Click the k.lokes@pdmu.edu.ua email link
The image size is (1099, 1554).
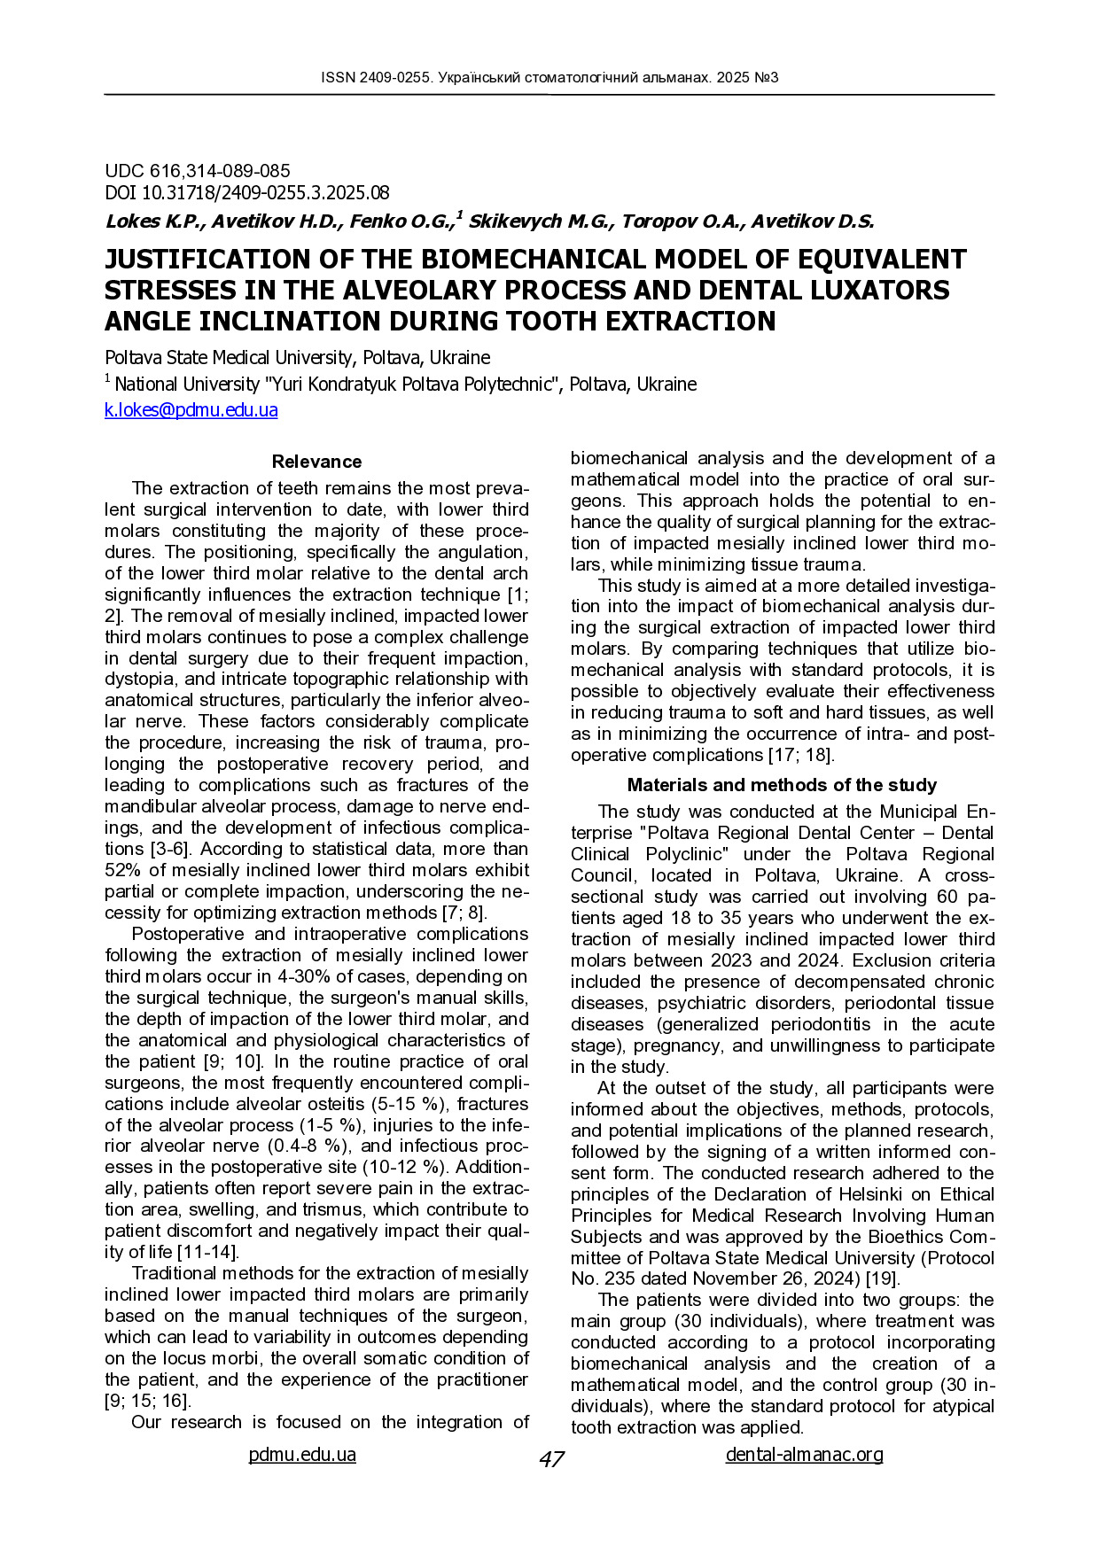(191, 410)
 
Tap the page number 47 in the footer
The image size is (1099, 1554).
(551, 1459)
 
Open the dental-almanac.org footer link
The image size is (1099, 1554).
(804, 1454)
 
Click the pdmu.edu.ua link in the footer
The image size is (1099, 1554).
(302, 1454)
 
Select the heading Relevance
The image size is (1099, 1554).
(316, 462)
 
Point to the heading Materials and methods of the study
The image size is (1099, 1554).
(782, 785)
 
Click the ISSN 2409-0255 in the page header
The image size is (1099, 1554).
(377, 78)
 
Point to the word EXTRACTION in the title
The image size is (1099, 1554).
(678, 321)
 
